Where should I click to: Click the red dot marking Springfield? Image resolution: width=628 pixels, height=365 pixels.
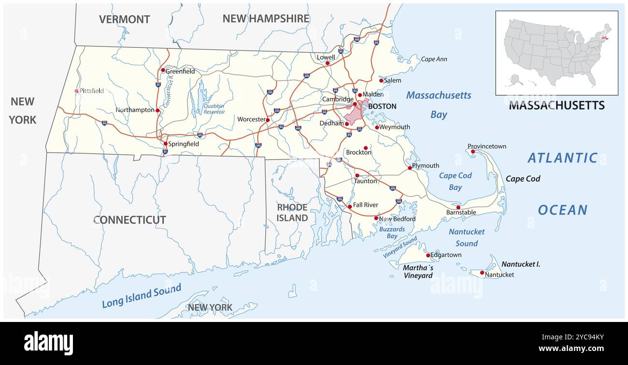165,144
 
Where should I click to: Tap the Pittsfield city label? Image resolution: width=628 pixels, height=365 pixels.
92,91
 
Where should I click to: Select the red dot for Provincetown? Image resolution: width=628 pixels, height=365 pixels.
473,152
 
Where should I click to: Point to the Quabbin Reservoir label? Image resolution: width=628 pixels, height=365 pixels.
214,109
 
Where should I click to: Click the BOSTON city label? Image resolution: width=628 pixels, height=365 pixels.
382,106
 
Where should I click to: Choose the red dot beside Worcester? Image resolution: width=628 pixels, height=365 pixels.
268,120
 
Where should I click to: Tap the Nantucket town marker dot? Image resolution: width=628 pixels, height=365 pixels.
482,273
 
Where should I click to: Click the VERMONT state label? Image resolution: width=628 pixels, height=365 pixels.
124,19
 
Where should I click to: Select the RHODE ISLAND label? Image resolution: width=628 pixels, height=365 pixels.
292,213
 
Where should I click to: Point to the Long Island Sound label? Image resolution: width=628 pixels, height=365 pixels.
142,296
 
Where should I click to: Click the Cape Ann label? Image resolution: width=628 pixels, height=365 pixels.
434,59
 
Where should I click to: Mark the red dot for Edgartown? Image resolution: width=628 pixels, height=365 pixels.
428,255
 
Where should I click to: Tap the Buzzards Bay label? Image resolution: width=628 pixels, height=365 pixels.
392,233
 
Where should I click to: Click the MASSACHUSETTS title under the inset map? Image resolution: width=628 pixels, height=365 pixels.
557,105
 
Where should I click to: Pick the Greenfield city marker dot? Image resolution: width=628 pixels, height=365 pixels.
163,70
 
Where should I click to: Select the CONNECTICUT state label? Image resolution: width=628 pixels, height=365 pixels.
129,220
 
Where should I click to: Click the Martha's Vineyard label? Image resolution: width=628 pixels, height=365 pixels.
418,272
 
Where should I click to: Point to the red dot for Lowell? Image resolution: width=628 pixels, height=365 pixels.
327,63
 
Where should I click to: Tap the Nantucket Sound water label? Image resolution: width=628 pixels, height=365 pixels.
466,237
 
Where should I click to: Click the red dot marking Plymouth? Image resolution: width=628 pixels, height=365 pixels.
410,168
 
